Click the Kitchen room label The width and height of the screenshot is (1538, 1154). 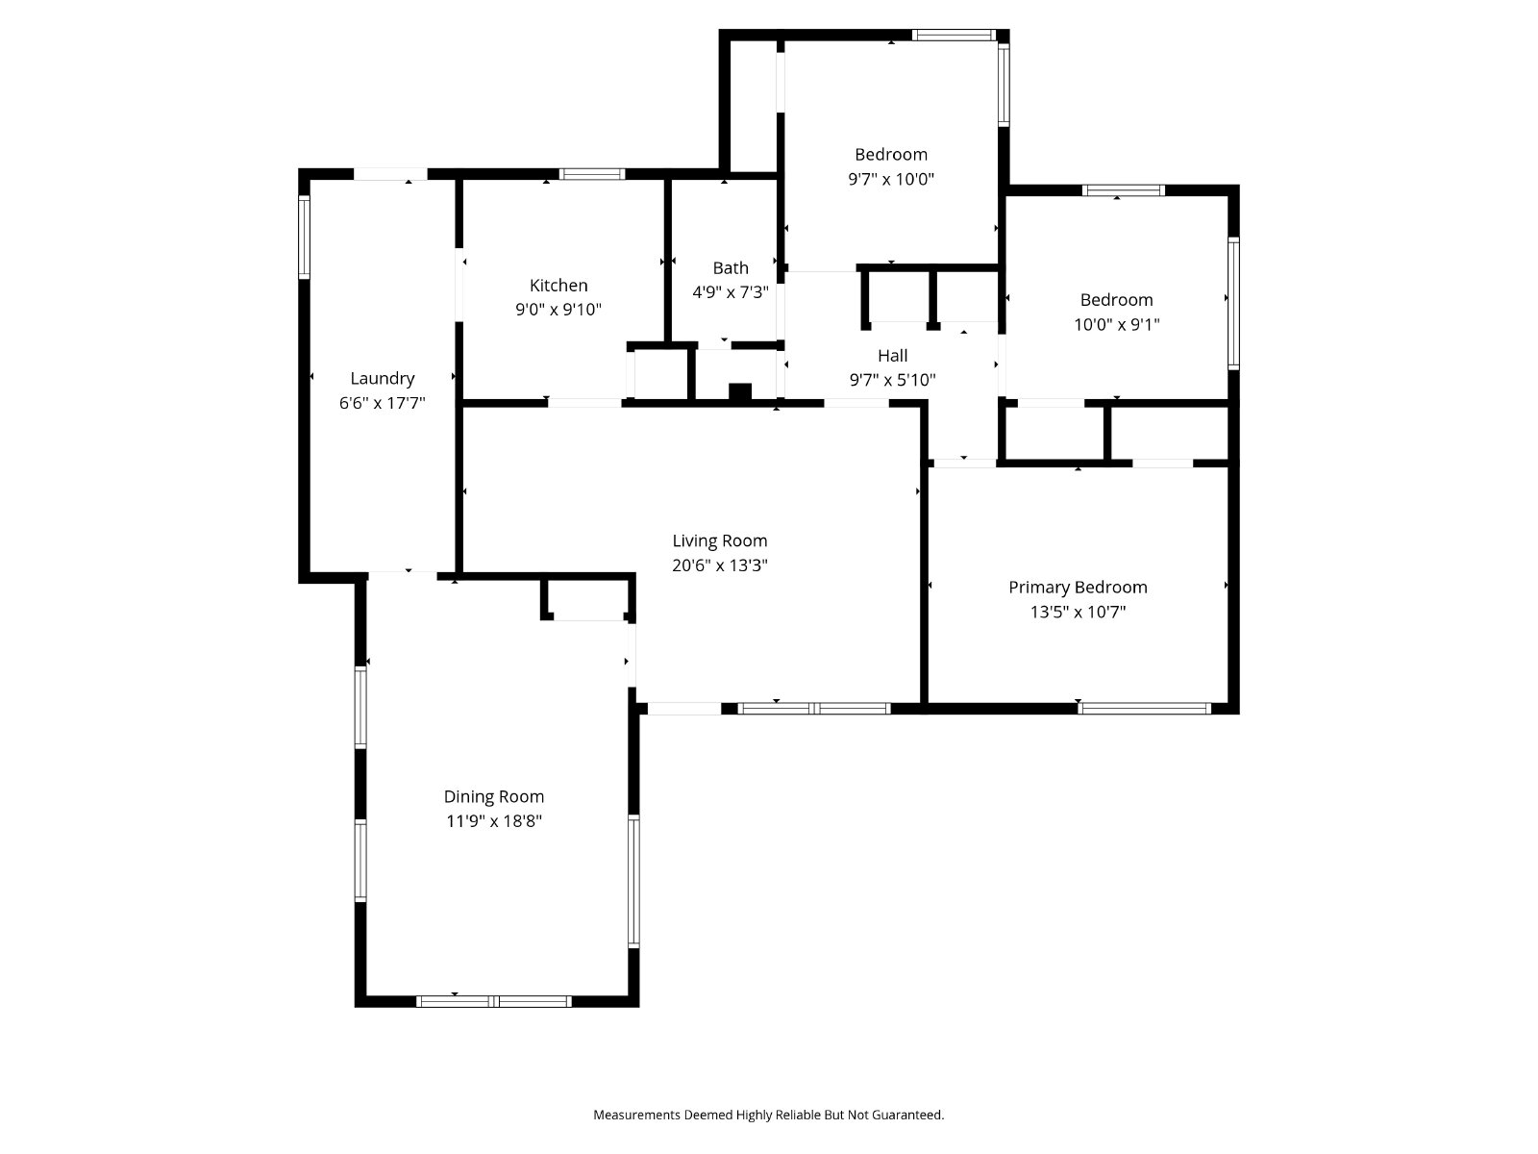[x=558, y=286]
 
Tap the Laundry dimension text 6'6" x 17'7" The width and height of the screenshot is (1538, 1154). [x=382, y=403]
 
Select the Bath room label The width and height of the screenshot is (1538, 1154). [x=731, y=267]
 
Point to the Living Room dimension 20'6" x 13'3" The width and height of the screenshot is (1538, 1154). [x=720, y=564]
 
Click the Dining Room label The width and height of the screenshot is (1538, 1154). [x=493, y=796]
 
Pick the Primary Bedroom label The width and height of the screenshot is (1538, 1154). [x=1078, y=588]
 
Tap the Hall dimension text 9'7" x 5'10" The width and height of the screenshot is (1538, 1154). [x=893, y=380]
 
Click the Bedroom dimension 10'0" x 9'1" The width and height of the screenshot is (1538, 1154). [x=1116, y=324]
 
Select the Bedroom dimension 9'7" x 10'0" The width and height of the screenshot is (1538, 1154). [x=890, y=179]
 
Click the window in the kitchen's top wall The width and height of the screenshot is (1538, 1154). [x=591, y=174]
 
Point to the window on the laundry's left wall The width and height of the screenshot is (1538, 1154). [x=304, y=237]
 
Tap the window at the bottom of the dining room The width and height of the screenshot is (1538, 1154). [x=493, y=1001]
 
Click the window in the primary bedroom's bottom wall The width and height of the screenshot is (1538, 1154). [x=1144, y=709]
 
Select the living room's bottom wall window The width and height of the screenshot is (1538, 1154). [x=813, y=709]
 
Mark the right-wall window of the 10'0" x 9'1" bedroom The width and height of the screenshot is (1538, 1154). [x=1233, y=303]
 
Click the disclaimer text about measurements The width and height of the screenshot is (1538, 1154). [x=769, y=1114]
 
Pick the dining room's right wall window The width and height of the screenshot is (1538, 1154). [x=633, y=881]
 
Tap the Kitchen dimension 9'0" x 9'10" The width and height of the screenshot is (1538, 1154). [x=558, y=309]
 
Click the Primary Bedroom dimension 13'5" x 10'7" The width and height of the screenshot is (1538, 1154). [x=1078, y=612]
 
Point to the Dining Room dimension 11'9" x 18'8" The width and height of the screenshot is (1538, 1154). [x=494, y=820]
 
